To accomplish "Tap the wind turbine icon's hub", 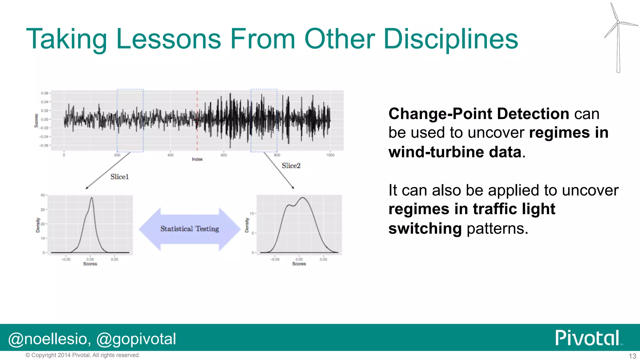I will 618,22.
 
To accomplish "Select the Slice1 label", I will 119,177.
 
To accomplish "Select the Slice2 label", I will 291,166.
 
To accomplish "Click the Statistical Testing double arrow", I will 189,229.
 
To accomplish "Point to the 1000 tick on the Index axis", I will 330,155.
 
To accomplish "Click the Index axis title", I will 197,159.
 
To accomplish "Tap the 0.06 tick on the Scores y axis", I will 44,93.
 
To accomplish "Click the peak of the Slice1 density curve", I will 92,197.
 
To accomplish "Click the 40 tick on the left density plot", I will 42,195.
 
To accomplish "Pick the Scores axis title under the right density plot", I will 299,264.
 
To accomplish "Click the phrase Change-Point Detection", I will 478,114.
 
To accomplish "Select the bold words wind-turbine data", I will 455,152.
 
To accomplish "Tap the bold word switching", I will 425,228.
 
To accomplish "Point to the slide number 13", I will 632,356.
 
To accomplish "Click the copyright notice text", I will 83,355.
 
